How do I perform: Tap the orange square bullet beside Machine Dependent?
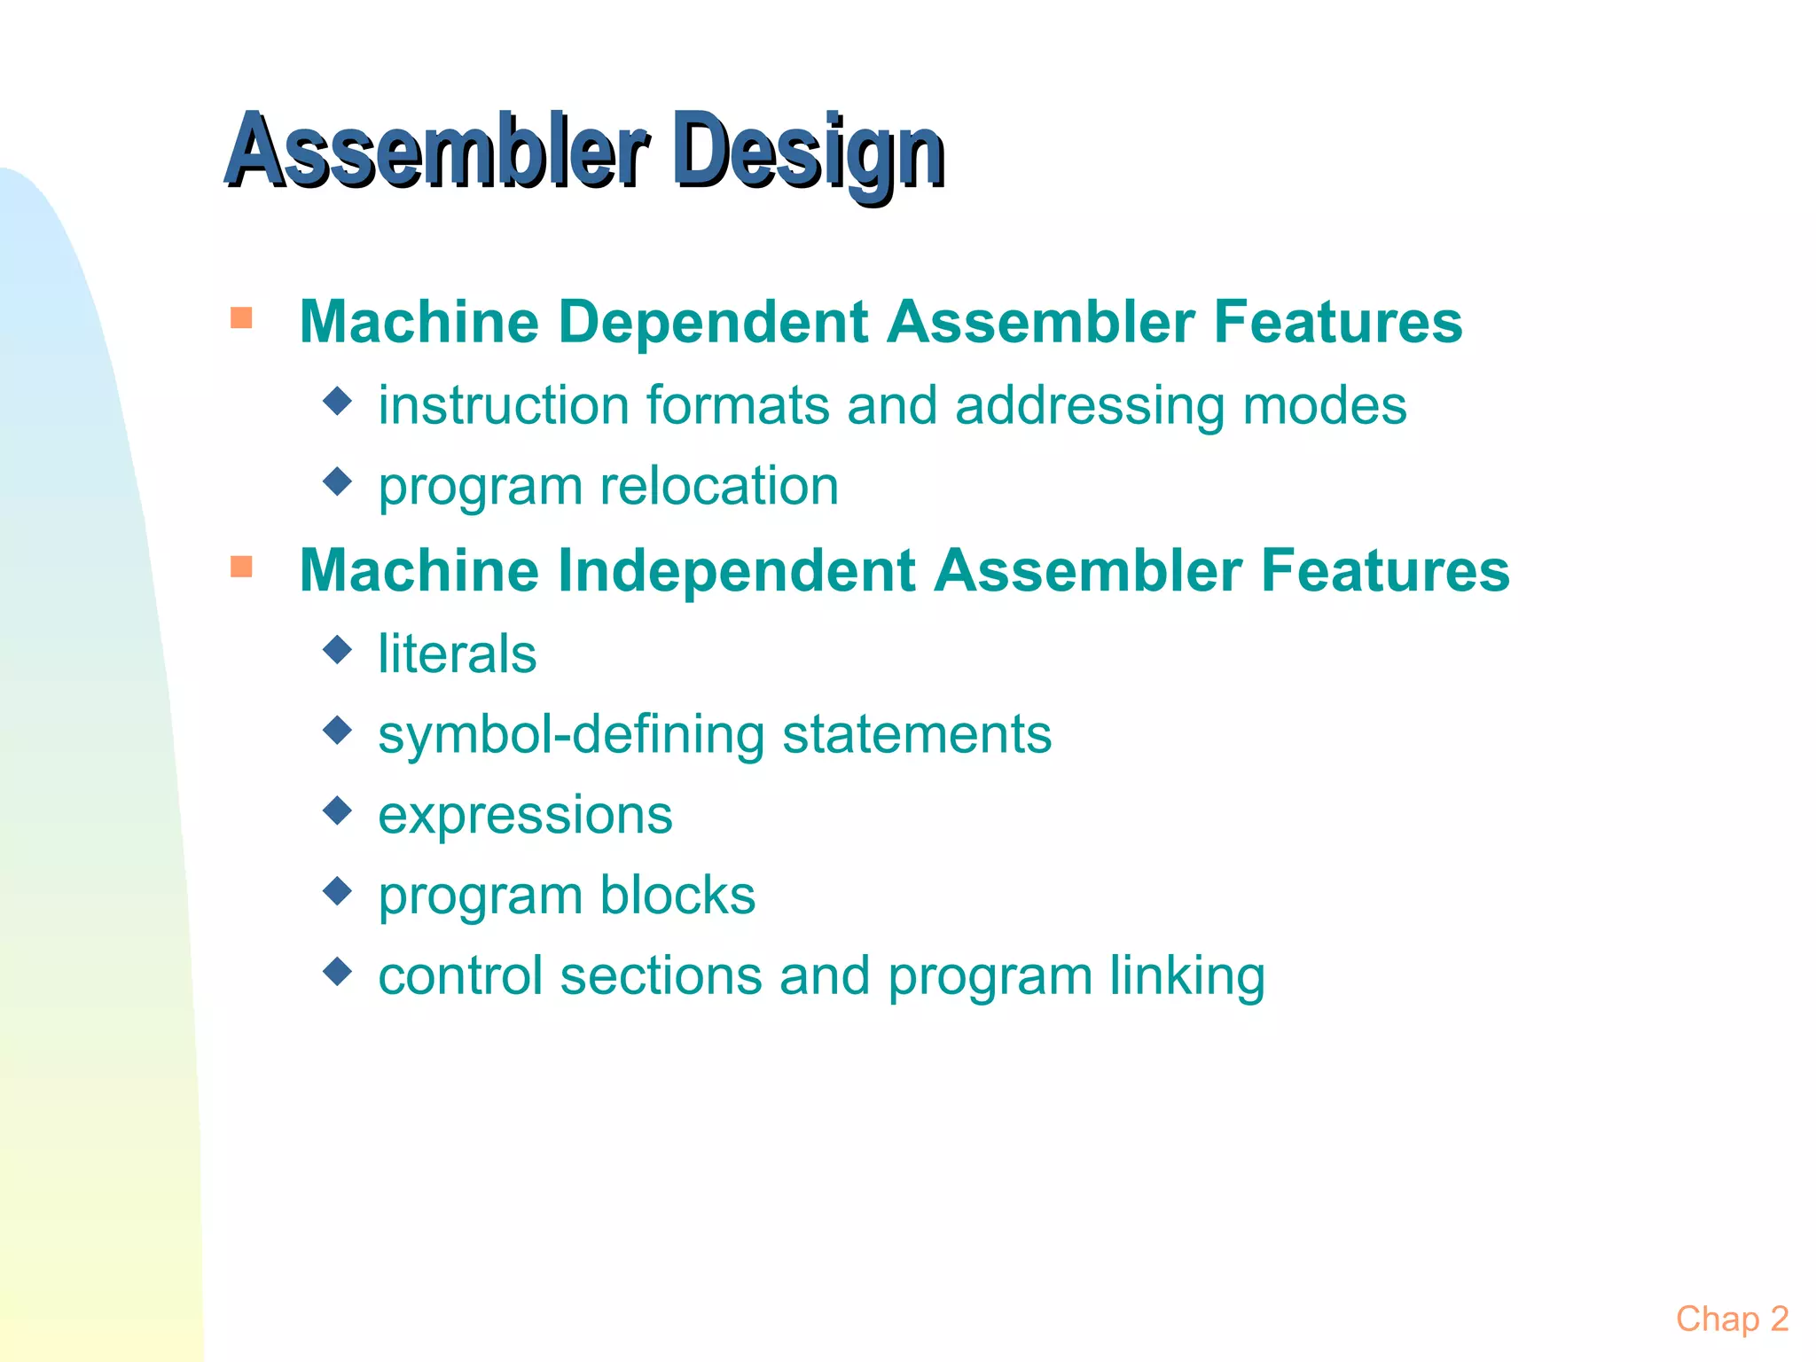click(241, 317)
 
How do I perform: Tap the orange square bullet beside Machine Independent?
click(241, 566)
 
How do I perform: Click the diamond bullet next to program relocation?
click(338, 482)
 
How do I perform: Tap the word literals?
click(457, 654)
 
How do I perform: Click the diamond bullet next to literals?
click(338, 650)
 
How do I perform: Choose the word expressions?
click(525, 816)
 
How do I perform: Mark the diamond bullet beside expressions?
click(338, 810)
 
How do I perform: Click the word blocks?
click(677, 895)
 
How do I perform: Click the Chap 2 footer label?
click(1731, 1319)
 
